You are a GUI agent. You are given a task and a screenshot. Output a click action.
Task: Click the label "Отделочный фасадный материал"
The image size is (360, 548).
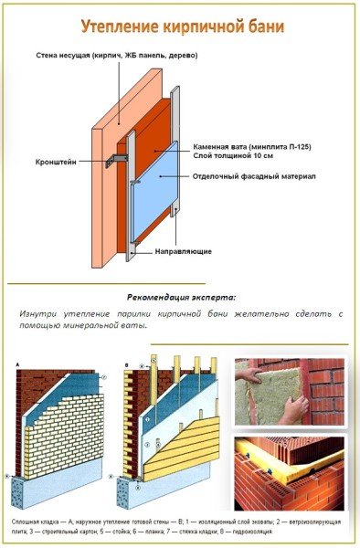click(x=252, y=175)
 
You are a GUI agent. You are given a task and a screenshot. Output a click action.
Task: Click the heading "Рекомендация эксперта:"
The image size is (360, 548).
click(x=181, y=298)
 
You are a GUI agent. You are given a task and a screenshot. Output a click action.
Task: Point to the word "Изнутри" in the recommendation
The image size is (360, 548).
click(x=39, y=314)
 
